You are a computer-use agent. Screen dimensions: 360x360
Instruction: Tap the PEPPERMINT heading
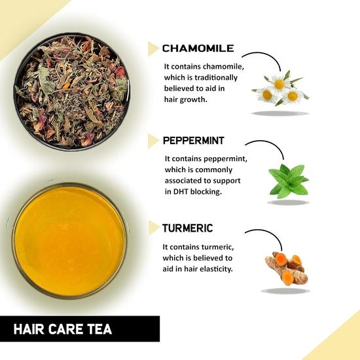(195, 140)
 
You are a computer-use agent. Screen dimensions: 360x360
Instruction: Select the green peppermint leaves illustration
(288, 181)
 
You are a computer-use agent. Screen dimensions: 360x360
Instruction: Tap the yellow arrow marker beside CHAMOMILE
(154, 48)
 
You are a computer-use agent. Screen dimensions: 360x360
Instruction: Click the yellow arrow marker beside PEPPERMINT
(154, 141)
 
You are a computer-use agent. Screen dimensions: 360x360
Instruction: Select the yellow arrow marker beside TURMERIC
(154, 228)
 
